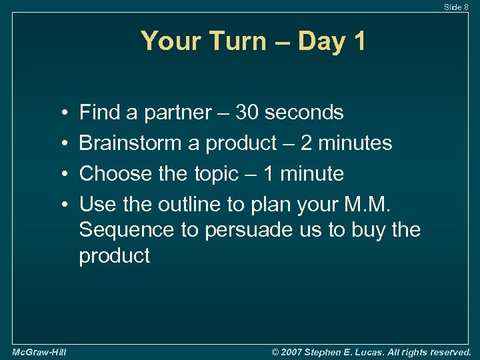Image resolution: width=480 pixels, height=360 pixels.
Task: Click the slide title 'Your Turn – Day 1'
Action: pyautogui.click(x=253, y=41)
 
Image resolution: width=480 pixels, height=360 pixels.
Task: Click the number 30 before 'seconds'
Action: pyautogui.click(x=246, y=113)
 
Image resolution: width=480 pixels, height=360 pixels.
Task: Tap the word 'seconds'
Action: pyautogui.click(x=304, y=113)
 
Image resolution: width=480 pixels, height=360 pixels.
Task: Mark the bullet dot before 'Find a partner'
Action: pyautogui.click(x=61, y=113)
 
